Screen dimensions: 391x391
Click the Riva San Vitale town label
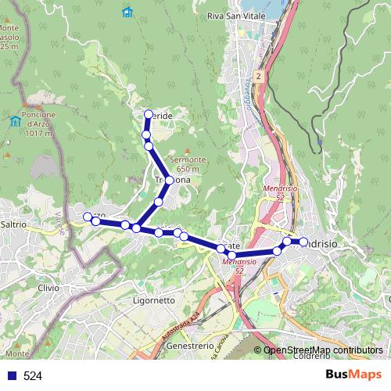236,16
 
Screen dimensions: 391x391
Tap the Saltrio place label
14,224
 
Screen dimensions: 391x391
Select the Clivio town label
48,288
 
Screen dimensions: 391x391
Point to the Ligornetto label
154,300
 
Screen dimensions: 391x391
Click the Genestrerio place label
190,345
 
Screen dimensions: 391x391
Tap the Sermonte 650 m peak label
191,164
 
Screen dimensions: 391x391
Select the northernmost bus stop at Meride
148,114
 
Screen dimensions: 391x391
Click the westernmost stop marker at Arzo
88,217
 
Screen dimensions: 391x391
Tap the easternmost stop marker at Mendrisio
303,242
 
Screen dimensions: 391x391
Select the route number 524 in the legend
33,376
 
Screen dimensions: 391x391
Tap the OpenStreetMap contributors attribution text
323,350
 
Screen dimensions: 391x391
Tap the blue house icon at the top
127,12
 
